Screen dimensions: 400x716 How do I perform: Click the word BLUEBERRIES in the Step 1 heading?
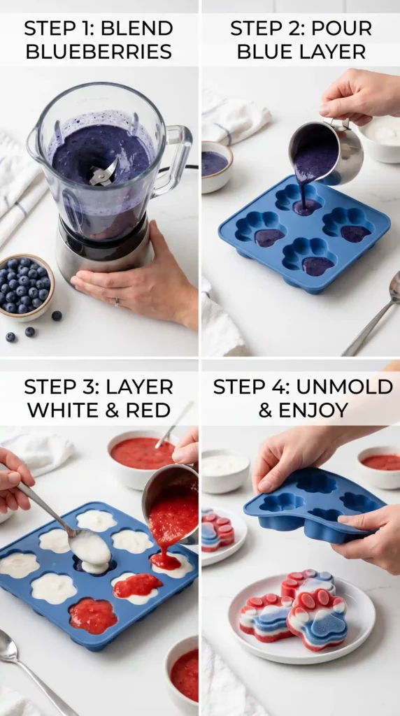click(x=99, y=51)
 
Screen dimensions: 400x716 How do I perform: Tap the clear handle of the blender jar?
click(x=173, y=160)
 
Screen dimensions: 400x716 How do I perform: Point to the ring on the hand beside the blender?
click(x=117, y=302)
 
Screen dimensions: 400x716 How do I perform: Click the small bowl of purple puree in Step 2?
click(x=216, y=166)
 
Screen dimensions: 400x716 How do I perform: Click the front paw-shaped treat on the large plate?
click(x=317, y=620)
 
